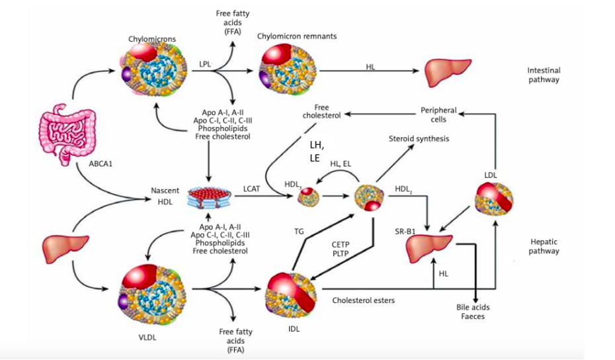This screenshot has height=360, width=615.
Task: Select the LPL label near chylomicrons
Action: coord(205,64)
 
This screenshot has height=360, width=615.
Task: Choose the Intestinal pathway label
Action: coord(543,75)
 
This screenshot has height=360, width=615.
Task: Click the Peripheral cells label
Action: coord(438,114)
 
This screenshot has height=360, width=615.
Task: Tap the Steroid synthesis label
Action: coord(419,138)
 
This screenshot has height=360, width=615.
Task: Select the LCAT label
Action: coord(252,189)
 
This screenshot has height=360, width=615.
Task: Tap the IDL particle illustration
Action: coord(291,291)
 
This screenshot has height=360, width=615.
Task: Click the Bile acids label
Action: coord(473,307)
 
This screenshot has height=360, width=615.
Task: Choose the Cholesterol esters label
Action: coord(364,300)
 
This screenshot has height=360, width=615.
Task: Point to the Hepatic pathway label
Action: coord(544,247)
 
